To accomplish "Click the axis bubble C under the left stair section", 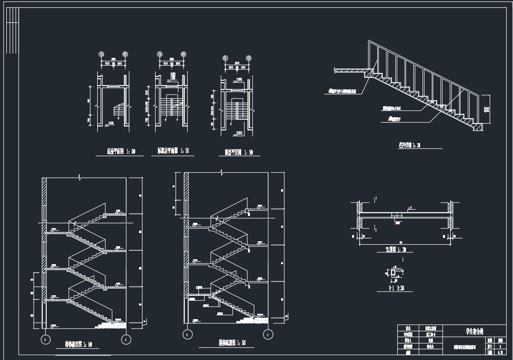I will pos(126,339).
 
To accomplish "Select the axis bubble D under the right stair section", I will pos(186,334).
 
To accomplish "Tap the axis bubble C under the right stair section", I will pos(267,334).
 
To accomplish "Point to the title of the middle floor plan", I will pos(173,151).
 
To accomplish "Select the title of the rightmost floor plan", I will pos(238,152).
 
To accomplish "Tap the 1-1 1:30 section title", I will pos(396,288).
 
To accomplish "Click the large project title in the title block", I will pos(475,331).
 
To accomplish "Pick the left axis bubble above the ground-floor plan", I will pos(102,54).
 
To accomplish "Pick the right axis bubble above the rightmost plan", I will pos(249,58).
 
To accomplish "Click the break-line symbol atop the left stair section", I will pos(81,177).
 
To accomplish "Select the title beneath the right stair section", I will pos(232,342).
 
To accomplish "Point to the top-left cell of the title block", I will pos(408,328).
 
